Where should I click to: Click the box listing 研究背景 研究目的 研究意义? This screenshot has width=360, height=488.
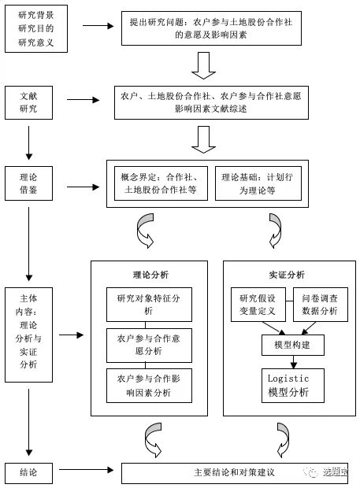tap(36, 28)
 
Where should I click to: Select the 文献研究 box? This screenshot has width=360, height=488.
tap(28, 102)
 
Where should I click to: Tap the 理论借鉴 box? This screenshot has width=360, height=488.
tap(28, 183)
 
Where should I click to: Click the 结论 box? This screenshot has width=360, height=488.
tap(28, 473)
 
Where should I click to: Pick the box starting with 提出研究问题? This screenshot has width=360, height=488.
tap(211, 28)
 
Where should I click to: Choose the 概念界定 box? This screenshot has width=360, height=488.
tap(161, 183)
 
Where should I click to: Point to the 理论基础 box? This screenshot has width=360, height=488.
tap(258, 183)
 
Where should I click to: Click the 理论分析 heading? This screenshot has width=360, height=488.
tap(150, 275)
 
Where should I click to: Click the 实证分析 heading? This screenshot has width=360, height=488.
tap(287, 275)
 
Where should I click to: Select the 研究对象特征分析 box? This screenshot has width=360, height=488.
tap(149, 305)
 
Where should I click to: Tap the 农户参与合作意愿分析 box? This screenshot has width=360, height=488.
tap(149, 346)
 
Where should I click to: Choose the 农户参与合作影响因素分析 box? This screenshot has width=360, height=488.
tap(149, 386)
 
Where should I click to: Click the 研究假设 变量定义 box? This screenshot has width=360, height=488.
tap(258, 305)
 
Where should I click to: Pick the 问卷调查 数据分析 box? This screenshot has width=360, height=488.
tap(321, 305)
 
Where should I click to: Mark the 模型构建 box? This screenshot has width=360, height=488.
tap(293, 346)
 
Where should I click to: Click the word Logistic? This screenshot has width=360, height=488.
tap(288, 379)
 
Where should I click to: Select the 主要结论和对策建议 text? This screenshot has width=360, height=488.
tap(234, 472)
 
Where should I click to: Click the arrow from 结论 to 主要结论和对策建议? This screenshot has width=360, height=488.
tap(87, 470)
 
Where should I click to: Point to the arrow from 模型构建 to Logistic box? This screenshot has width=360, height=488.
tap(293, 362)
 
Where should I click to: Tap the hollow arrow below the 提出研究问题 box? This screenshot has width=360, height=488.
tap(204, 65)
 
